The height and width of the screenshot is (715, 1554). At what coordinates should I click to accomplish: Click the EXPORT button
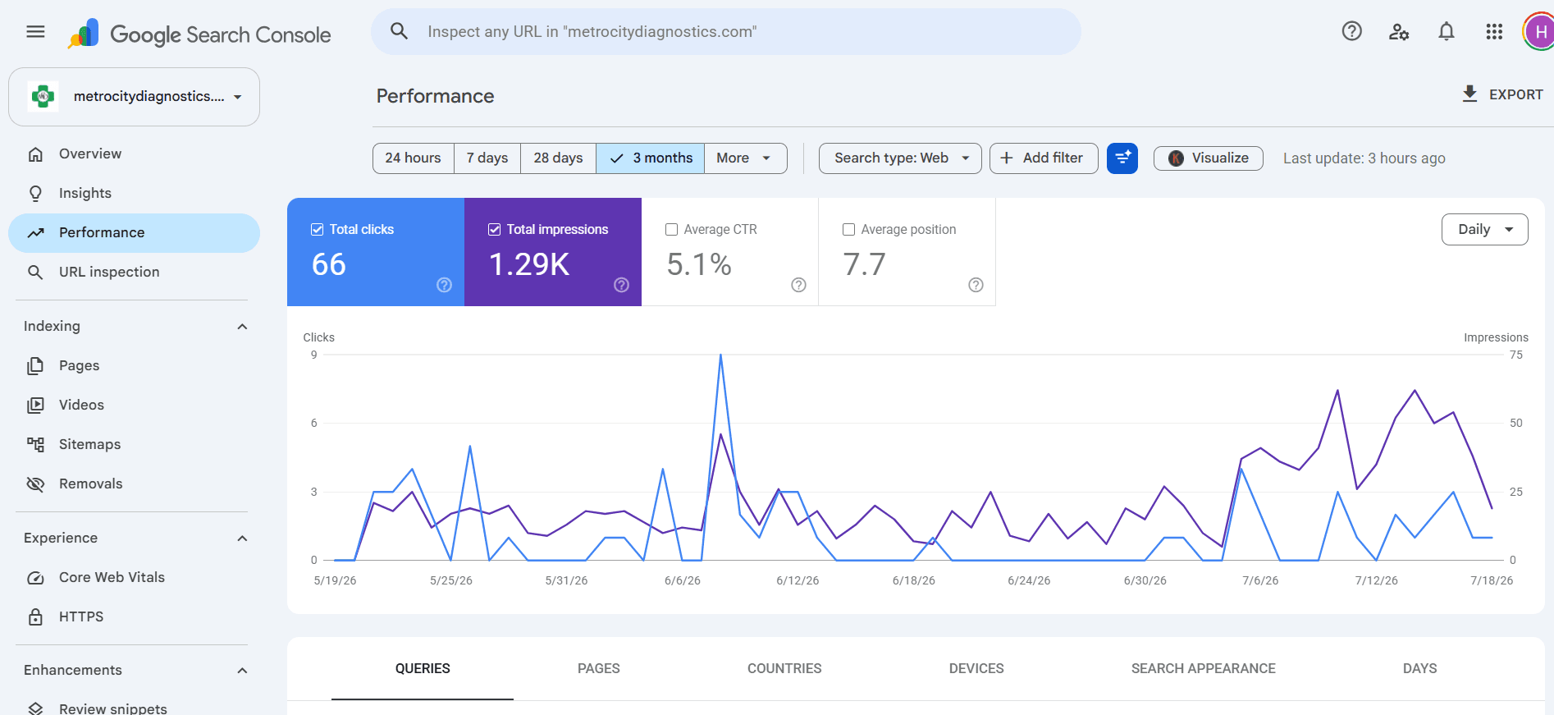pyautogui.click(x=1502, y=94)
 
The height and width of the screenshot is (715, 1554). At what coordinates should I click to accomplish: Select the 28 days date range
pyautogui.click(x=558, y=158)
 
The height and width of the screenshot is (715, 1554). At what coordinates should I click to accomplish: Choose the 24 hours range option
pyautogui.click(x=413, y=158)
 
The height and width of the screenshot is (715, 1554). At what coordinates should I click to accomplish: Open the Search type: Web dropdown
pyautogui.click(x=900, y=158)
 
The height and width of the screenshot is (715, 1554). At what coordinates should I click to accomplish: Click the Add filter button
pyautogui.click(x=1044, y=158)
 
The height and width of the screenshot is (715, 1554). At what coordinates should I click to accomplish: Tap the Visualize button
pyautogui.click(x=1208, y=158)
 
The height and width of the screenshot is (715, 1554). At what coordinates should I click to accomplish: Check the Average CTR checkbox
pyautogui.click(x=671, y=230)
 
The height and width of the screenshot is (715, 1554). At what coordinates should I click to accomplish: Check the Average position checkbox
pyautogui.click(x=848, y=230)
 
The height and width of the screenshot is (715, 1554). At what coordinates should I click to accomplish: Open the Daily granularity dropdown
pyautogui.click(x=1484, y=229)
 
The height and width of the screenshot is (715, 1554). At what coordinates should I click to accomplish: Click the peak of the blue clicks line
pyautogui.click(x=720, y=355)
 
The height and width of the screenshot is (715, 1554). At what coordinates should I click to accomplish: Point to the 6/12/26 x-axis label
pyautogui.click(x=798, y=580)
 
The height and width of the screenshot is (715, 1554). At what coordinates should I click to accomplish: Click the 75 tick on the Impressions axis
pyautogui.click(x=1515, y=355)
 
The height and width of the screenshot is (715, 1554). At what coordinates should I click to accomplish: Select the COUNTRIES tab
pyautogui.click(x=784, y=668)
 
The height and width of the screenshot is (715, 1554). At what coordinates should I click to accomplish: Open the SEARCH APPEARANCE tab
pyautogui.click(x=1203, y=668)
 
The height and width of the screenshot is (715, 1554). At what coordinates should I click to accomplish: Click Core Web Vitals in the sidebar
pyautogui.click(x=112, y=577)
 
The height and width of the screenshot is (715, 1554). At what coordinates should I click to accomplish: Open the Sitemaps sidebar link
pyautogui.click(x=89, y=444)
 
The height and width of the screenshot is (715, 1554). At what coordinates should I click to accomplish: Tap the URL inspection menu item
pyautogui.click(x=109, y=272)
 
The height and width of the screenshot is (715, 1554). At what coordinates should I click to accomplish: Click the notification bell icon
pyautogui.click(x=1447, y=31)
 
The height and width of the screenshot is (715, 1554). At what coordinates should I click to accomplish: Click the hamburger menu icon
pyautogui.click(x=35, y=31)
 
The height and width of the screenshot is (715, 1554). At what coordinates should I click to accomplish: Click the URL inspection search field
pyautogui.click(x=726, y=31)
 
